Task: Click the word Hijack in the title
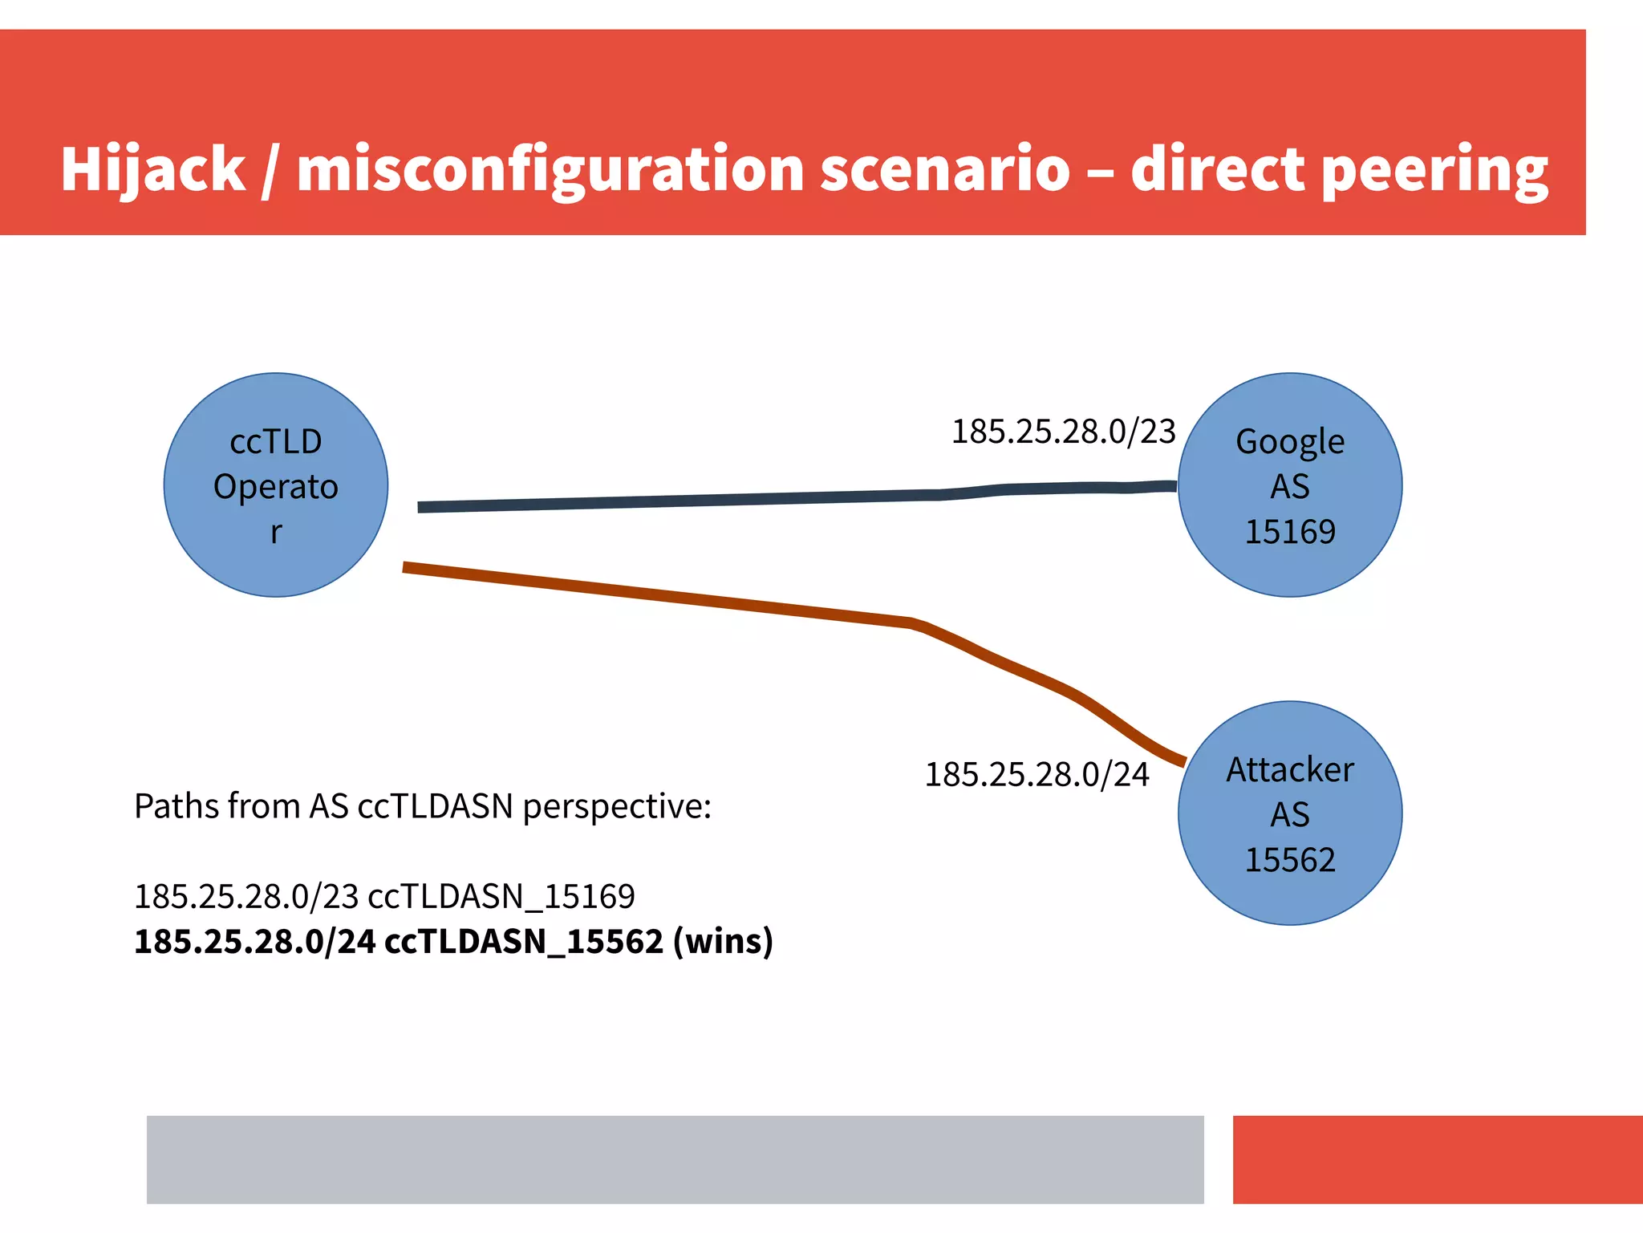[x=152, y=169]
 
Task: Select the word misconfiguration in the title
[x=550, y=169]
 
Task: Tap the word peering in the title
[x=1434, y=169]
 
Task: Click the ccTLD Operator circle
[x=276, y=485]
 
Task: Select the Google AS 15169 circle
[x=1289, y=485]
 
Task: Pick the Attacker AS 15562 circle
[x=1289, y=813]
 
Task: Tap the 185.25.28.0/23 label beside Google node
[x=1063, y=432]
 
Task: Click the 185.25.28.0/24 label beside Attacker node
[x=1037, y=775]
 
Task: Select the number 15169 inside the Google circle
[x=1289, y=532]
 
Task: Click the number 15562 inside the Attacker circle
[x=1289, y=860]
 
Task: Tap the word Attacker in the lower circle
[x=1289, y=770]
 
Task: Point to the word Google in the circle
[x=1289, y=442]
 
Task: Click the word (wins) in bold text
[x=723, y=941]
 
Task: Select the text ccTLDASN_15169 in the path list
[x=501, y=896]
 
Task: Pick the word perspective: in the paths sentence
[x=616, y=806]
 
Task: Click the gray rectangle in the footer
[x=675, y=1159]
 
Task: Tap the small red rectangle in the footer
[x=1437, y=1159]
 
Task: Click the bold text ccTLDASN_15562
[x=524, y=941]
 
